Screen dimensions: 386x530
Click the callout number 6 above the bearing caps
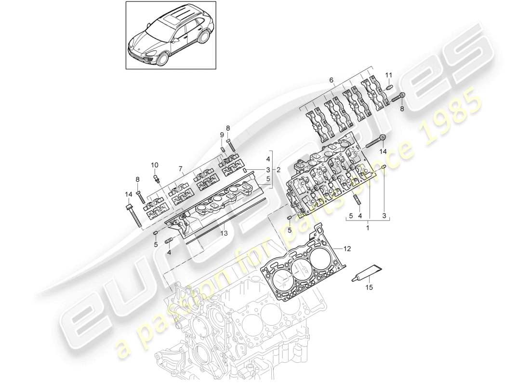331,80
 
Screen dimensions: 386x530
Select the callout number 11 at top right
389,75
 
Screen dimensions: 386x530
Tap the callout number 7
181,169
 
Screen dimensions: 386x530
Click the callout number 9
222,135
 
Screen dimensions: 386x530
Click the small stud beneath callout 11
389,88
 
